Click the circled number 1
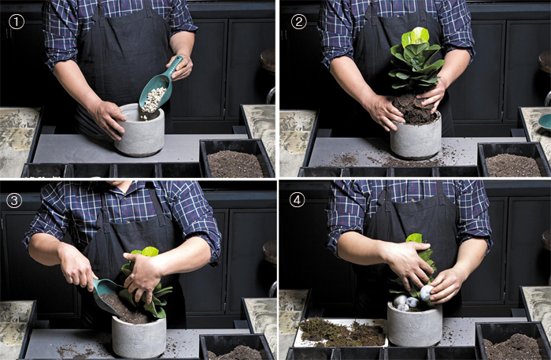coord(17,22)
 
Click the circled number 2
coord(298,22)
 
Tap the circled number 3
coord(14,200)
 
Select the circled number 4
coord(297,200)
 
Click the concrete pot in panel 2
coord(416,137)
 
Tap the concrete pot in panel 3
coord(139,336)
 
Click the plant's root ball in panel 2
coord(413,109)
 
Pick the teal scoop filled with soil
coord(107,296)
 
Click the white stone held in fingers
coord(427,293)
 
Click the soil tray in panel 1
coord(236,159)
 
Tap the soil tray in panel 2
coord(513,160)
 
